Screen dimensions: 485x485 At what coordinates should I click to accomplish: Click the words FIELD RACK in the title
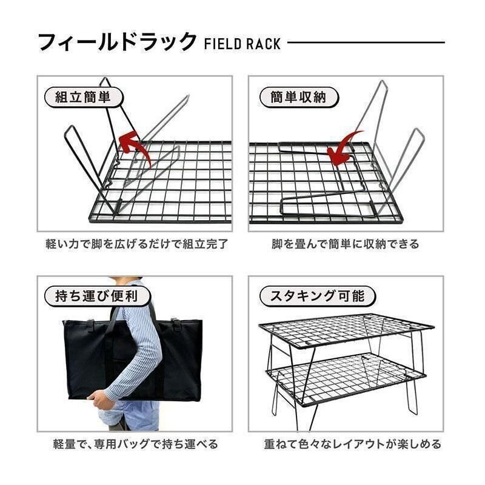click(242, 44)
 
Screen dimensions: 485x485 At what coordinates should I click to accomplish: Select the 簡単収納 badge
click(298, 97)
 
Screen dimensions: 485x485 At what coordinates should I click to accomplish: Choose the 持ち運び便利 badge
click(92, 296)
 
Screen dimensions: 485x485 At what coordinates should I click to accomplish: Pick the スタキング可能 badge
click(317, 296)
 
